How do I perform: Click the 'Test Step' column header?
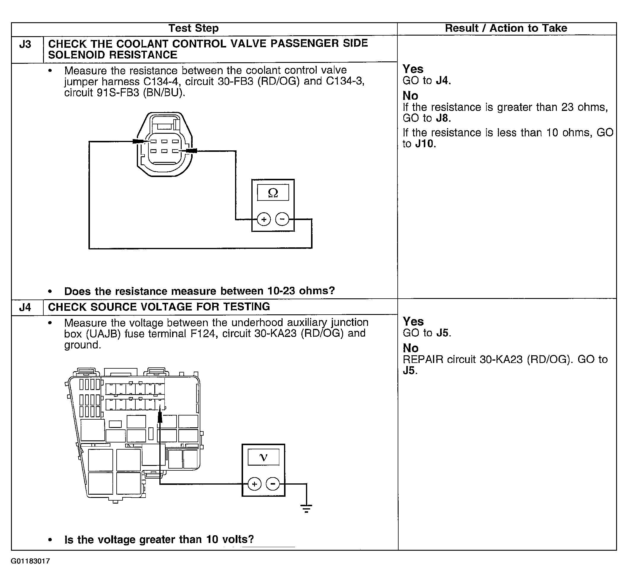click(193, 28)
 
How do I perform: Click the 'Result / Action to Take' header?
click(506, 28)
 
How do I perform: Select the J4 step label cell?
click(25, 307)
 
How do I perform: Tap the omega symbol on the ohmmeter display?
click(273, 192)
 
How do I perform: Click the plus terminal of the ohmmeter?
click(264, 219)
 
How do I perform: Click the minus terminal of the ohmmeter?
click(282, 219)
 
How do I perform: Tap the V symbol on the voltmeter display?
click(263, 457)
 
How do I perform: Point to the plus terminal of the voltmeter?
click(254, 484)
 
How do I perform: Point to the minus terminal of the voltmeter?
click(273, 484)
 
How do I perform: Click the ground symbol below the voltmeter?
click(306, 509)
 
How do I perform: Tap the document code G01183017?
click(30, 561)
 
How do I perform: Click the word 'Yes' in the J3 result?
click(413, 69)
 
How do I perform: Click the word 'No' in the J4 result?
click(410, 348)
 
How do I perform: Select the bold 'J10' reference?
click(425, 144)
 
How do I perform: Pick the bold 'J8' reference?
click(443, 118)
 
